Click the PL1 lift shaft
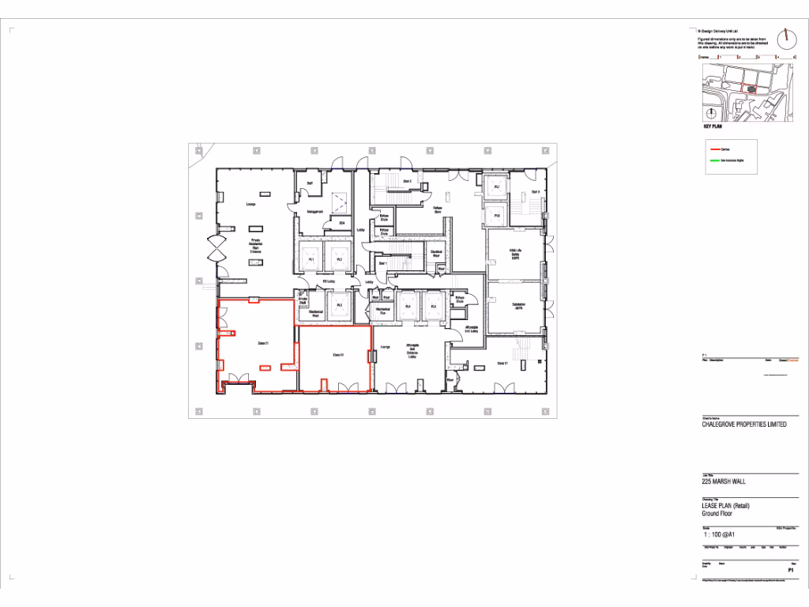tap(312, 259)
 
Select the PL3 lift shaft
tap(339, 305)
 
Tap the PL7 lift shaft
tap(497, 187)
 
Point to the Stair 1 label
tap(383, 263)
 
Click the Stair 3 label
tap(535, 192)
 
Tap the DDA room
tap(342, 224)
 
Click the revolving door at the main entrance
tap(216, 250)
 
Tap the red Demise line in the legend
tap(716, 149)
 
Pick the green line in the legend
tap(716, 160)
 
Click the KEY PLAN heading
tap(713, 126)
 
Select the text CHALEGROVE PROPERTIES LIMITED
tap(744, 424)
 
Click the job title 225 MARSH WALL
tap(724, 481)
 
